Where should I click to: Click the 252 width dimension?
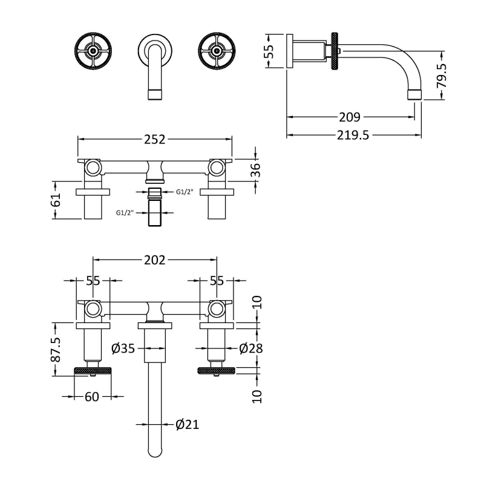[x=155, y=140]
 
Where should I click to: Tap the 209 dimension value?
[x=350, y=117]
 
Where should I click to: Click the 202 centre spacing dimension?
[x=155, y=260]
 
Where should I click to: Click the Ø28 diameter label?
[x=250, y=348]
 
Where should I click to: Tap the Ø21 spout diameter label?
[x=187, y=425]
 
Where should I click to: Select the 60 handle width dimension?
[x=92, y=397]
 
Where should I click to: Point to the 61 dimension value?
[x=57, y=199]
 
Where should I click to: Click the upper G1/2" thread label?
[x=185, y=193]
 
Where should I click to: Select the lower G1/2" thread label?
[x=125, y=212]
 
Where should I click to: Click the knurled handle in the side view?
[x=335, y=51]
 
